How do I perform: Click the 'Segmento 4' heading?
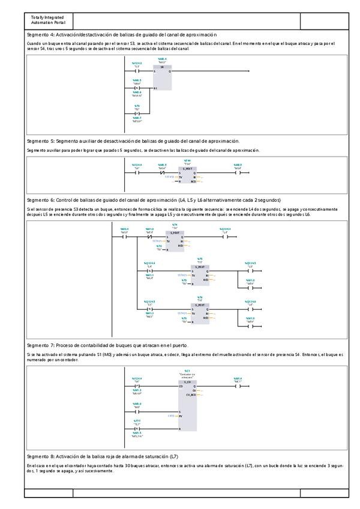point(122,35)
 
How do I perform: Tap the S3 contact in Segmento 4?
point(137,71)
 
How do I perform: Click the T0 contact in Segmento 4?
point(137,113)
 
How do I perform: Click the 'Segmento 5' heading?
point(133,140)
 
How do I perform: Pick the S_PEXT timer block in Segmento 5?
point(187,175)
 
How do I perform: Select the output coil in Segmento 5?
point(238,173)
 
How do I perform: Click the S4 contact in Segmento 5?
point(137,173)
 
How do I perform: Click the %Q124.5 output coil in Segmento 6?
point(250,271)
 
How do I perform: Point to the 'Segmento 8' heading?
point(102,457)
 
